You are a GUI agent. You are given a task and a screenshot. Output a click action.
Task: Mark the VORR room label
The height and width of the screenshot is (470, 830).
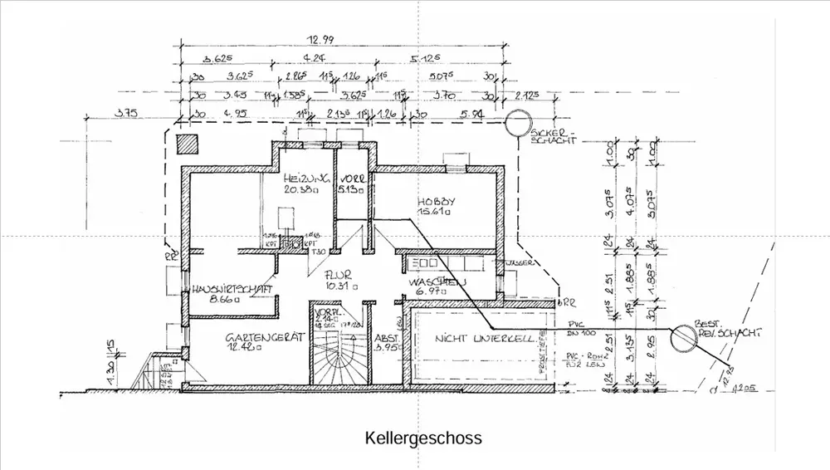[349, 178]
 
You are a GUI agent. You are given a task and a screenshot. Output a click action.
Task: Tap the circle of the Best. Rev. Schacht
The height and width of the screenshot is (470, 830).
[682, 335]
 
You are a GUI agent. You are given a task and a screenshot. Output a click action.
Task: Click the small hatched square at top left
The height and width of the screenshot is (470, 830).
[188, 143]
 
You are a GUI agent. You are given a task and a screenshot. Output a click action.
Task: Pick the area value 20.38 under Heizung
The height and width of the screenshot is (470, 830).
[300, 189]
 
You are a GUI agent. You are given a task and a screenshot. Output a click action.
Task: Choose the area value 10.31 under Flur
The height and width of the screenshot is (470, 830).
[341, 285]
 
